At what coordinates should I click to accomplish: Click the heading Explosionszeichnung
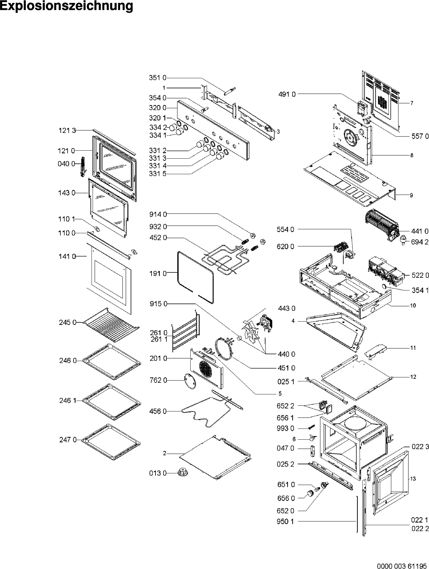(67, 6)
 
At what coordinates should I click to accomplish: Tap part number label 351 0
(157, 78)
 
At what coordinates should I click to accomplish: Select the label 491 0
(288, 94)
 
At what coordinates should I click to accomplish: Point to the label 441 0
(420, 231)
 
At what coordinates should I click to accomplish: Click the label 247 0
(68, 440)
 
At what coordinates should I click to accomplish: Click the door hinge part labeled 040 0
(83, 167)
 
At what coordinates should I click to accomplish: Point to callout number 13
(413, 478)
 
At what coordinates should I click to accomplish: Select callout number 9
(411, 195)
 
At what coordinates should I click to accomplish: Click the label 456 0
(158, 411)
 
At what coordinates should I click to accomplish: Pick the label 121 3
(67, 131)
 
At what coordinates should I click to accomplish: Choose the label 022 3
(420, 447)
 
